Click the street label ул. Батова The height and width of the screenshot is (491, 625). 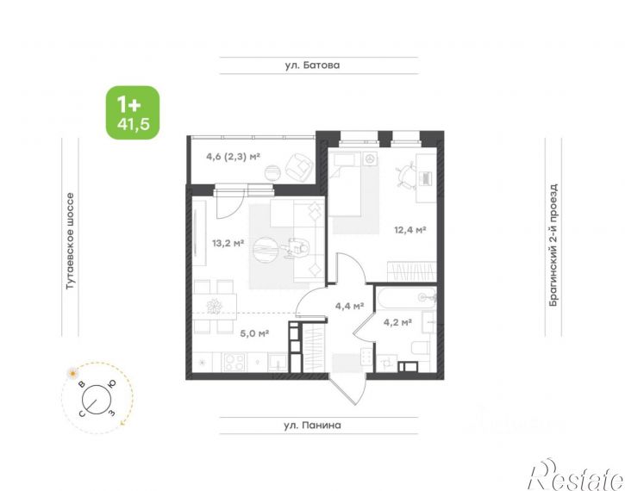coord(312,65)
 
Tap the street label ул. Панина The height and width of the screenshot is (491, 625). coord(312,426)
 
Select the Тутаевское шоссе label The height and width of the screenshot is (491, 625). coord(70,241)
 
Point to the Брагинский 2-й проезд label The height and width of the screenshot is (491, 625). coord(553,245)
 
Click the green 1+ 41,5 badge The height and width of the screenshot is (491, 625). coord(133,113)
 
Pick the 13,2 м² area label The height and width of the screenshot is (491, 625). coord(228,243)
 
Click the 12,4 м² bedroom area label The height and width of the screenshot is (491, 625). coord(410,230)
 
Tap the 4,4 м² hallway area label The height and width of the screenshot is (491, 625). coord(349,306)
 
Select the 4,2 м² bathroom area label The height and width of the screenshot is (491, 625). coord(397,322)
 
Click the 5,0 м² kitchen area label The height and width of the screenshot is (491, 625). coord(254,333)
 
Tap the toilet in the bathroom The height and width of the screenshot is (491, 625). coord(420,349)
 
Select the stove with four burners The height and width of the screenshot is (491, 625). coord(234,363)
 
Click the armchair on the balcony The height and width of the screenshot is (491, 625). coord(298,166)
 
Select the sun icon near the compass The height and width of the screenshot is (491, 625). coord(72,374)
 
